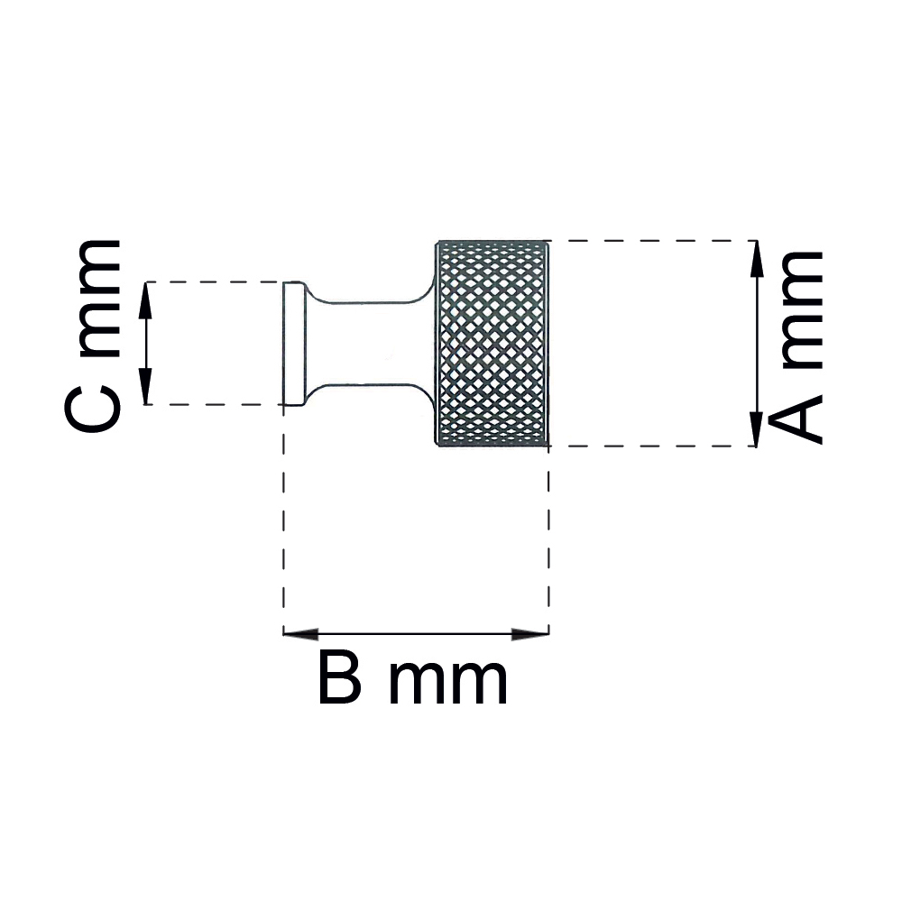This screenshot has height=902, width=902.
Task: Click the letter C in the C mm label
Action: tap(92, 409)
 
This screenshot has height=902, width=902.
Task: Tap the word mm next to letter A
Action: tap(802, 309)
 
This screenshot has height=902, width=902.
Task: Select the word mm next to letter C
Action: tap(99, 298)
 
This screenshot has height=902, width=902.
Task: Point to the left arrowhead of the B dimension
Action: tap(301, 634)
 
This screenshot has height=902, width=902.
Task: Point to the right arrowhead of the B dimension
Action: tap(530, 634)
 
